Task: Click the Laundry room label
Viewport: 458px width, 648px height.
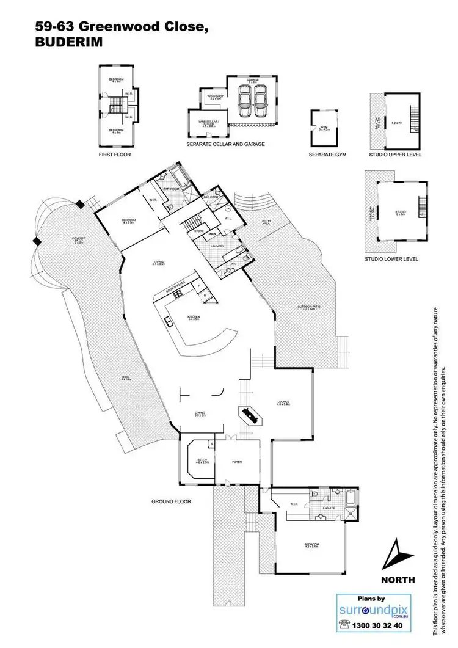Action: [x=219, y=246]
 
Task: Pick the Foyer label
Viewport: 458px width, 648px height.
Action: [x=236, y=462]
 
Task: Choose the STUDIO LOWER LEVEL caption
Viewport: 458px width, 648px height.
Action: [x=391, y=260]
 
